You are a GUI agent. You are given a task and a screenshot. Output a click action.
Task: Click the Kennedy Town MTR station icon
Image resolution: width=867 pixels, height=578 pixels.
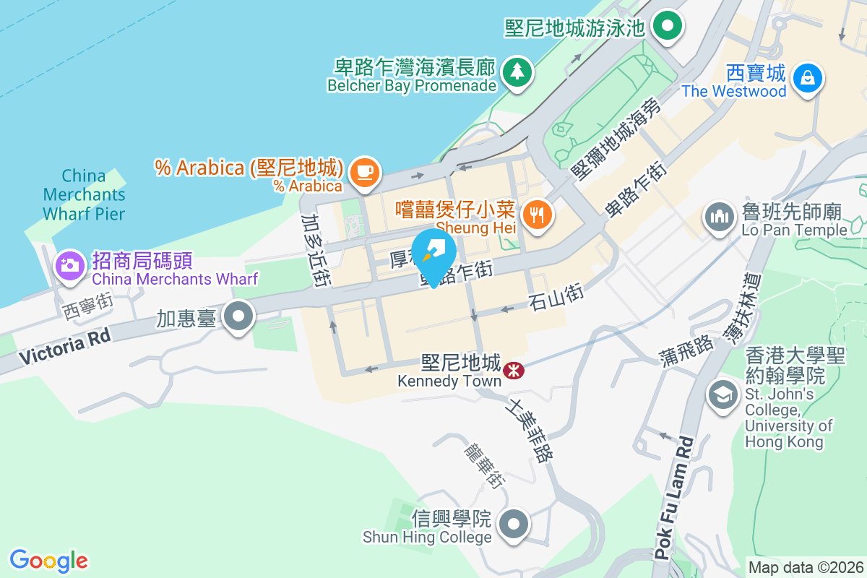[514, 371]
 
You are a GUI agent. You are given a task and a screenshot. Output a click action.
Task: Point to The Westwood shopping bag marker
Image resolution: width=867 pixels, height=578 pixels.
[807, 77]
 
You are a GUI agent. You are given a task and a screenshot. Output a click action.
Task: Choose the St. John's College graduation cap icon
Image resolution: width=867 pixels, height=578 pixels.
[722, 394]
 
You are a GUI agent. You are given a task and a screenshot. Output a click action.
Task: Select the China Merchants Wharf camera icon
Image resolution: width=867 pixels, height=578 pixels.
[69, 264]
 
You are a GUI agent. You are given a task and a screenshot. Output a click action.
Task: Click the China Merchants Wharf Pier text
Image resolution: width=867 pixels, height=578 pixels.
[84, 195]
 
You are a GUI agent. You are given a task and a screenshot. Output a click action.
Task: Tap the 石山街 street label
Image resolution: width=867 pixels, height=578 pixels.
[555, 296]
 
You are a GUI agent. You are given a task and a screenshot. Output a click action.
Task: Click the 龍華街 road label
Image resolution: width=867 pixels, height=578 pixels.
[483, 462]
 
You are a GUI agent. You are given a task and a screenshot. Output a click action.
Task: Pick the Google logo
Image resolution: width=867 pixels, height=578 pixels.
[49, 561]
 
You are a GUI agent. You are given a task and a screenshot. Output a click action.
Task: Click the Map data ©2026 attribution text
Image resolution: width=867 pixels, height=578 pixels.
[806, 567]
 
